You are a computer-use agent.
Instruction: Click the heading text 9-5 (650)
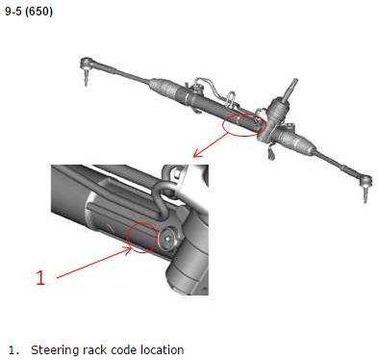[29, 12]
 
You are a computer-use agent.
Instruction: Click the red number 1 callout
[40, 278]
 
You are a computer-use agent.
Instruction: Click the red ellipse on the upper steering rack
[244, 124]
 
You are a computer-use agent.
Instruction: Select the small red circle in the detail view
[142, 238]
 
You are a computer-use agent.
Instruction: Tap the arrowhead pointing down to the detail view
[197, 154]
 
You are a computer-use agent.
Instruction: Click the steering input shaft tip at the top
[294, 81]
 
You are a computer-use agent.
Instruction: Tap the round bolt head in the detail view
[166, 239]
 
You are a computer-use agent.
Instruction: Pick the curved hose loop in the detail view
[163, 199]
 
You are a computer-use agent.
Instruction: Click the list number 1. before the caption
[13, 349]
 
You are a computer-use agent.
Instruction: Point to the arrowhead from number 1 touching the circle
[129, 248]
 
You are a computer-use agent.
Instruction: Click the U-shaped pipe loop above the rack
[232, 98]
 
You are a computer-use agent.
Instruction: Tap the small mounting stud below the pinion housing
[271, 153]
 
